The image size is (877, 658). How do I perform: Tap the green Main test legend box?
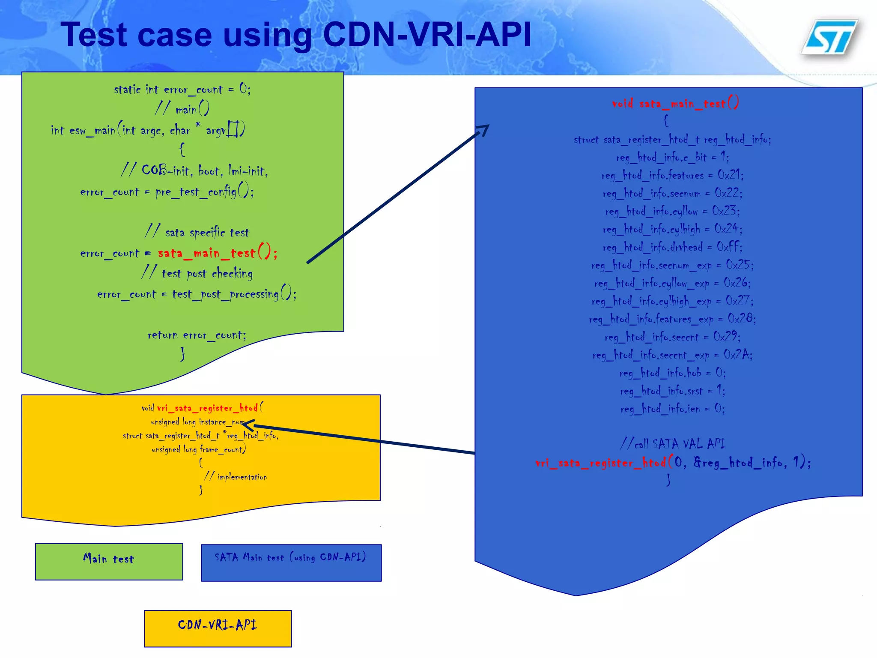click(x=109, y=561)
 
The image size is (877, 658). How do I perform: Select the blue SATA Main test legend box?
click(x=291, y=562)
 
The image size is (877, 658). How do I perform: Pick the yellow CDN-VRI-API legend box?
click(x=218, y=628)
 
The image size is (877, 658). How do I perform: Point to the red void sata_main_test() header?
click(x=675, y=103)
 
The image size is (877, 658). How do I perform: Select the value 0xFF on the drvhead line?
click(x=729, y=247)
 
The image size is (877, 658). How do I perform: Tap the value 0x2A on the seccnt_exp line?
click(x=737, y=355)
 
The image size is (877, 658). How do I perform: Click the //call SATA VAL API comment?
click(x=672, y=444)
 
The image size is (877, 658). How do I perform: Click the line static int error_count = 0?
click(x=182, y=89)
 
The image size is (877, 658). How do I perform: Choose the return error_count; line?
click(x=197, y=335)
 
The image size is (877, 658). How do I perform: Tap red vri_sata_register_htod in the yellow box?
click(x=207, y=408)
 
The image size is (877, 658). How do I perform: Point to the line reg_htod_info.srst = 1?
click(x=672, y=391)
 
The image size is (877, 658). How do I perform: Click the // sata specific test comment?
click(x=197, y=232)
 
